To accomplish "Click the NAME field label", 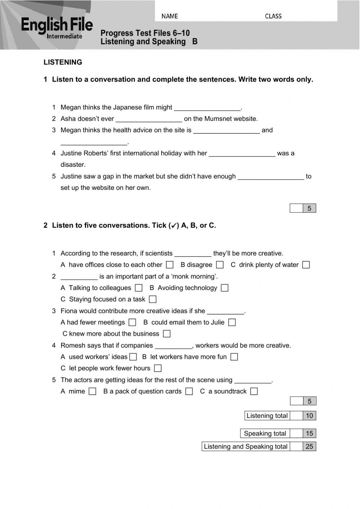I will (x=170, y=16).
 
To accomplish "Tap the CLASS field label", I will (x=273, y=16).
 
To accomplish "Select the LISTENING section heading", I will (x=63, y=62).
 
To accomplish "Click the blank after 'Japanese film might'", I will (x=207, y=108).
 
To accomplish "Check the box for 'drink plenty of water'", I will (x=306, y=265).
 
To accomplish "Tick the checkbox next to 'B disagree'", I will (x=220, y=265).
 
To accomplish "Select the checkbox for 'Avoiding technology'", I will (x=225, y=288).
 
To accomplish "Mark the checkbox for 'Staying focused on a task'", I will (x=153, y=299).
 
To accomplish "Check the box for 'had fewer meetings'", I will (x=132, y=322).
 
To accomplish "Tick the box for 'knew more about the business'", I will (x=167, y=334).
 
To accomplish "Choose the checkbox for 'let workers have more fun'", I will (x=234, y=357).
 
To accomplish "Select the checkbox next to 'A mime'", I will (x=93, y=391).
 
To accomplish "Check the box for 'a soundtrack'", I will (x=254, y=391).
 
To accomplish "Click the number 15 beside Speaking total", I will (x=309, y=433).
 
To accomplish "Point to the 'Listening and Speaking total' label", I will (x=246, y=447).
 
